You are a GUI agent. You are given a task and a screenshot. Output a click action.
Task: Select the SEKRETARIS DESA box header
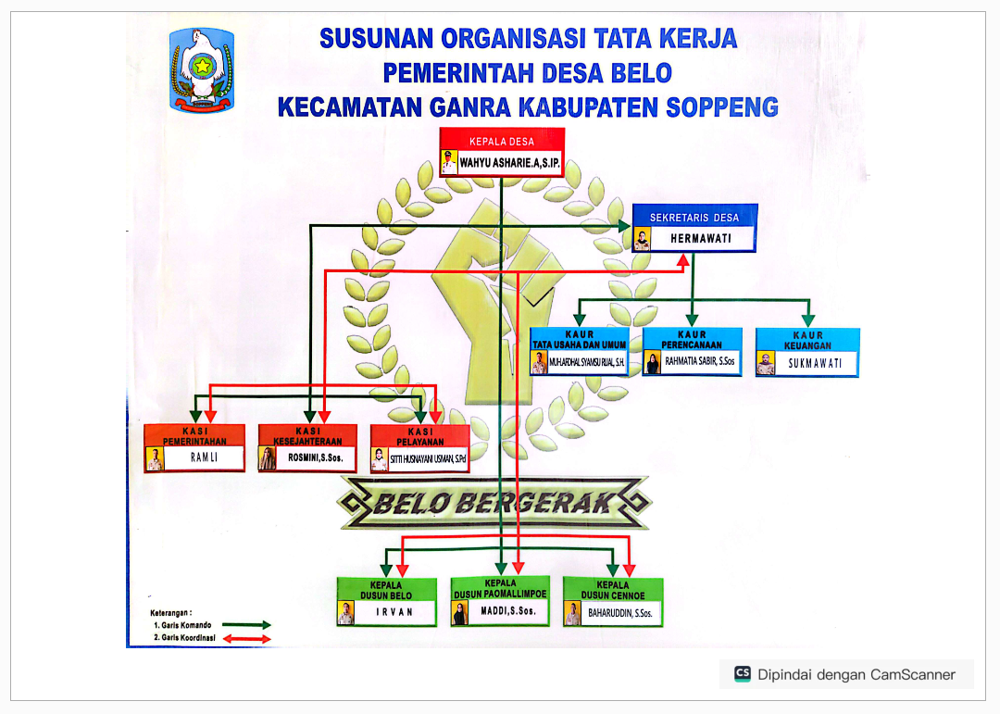tap(694, 218)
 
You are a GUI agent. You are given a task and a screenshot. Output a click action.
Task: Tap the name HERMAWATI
tap(701, 239)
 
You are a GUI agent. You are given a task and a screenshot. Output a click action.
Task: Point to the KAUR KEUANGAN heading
tap(807, 340)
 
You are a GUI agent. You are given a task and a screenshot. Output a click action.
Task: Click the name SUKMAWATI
tap(815, 363)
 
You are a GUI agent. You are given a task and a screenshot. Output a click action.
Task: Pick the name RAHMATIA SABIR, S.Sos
tap(700, 362)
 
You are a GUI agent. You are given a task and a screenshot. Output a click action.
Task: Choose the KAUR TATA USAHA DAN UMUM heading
tap(580, 340)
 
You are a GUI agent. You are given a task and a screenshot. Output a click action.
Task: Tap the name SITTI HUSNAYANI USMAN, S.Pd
tap(427, 457)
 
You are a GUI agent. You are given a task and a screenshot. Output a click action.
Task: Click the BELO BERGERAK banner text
tap(494, 504)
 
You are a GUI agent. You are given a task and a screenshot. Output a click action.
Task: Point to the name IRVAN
tap(394, 612)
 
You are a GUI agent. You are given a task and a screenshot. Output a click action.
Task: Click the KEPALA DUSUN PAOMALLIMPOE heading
tap(500, 589)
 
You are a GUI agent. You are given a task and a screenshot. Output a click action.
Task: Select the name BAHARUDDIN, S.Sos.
tap(620, 613)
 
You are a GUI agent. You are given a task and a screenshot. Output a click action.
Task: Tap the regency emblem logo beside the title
tap(201, 69)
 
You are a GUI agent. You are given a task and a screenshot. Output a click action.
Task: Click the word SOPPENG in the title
tap(722, 106)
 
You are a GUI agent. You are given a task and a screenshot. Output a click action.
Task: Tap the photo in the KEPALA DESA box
tap(449, 164)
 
